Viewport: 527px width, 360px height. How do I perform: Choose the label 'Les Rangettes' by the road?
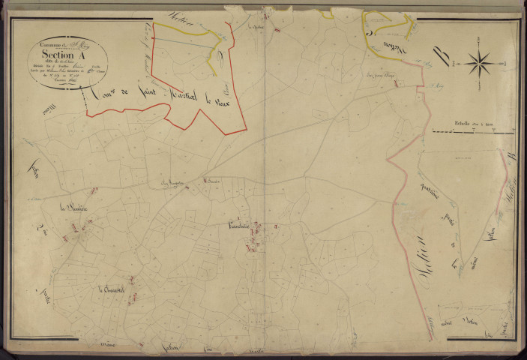coord(171,184)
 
